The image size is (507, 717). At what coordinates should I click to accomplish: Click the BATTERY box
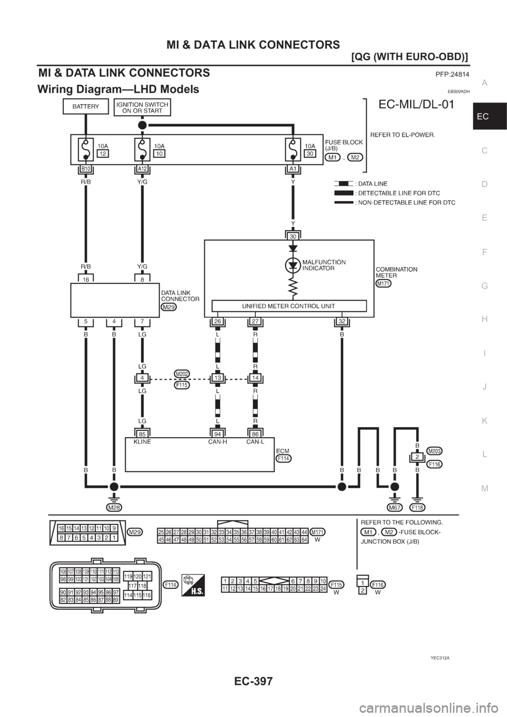(85, 106)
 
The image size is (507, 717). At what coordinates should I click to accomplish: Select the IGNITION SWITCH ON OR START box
(142, 107)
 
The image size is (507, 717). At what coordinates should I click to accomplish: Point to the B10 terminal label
(85, 168)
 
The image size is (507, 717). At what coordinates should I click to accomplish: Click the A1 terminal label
(292, 168)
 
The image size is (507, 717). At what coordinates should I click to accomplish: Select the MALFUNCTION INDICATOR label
(324, 265)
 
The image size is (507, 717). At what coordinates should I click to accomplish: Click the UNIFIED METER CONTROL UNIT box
(288, 306)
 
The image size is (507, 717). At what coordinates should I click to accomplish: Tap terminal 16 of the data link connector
(85, 280)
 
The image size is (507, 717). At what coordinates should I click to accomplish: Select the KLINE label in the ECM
(142, 442)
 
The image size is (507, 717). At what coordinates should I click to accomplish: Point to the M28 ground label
(113, 507)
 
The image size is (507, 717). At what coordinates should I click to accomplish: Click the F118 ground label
(418, 507)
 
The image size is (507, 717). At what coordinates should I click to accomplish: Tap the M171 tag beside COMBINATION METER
(383, 284)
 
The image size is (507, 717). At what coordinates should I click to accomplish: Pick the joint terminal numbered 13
(218, 378)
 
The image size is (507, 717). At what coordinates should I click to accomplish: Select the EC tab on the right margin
(489, 116)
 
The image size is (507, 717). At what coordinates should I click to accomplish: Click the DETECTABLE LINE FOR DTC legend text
(397, 193)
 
